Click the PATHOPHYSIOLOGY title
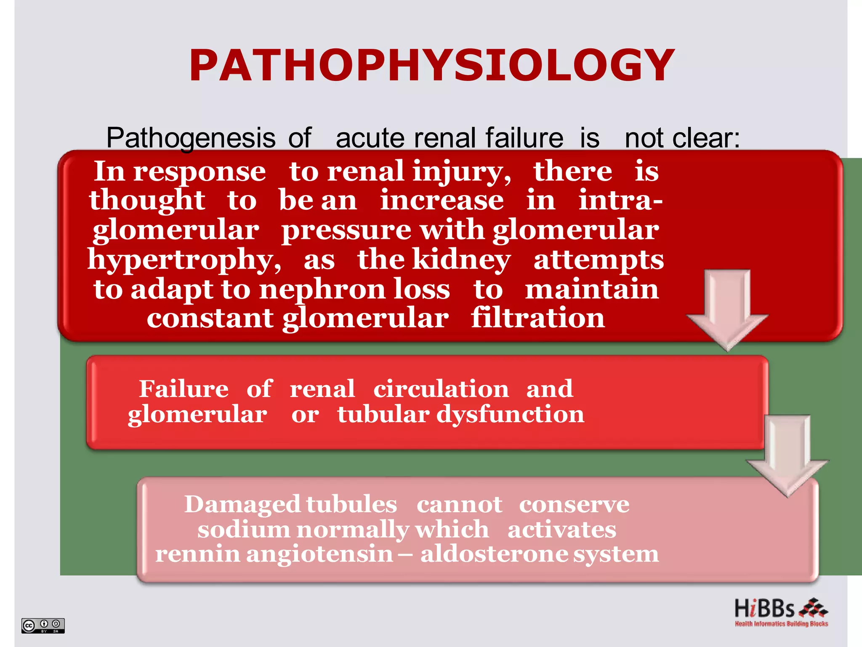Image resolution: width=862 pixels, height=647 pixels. [432, 65]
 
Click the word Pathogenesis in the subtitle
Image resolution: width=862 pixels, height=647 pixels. [191, 138]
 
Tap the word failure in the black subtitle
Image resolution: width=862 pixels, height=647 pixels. [524, 138]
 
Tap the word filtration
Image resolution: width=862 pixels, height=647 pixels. [537, 318]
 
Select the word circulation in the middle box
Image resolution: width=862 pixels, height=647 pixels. [441, 389]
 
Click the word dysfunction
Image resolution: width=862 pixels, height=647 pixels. [510, 415]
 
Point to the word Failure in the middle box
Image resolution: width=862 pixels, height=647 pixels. [184, 389]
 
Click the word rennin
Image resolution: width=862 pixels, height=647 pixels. [197, 554]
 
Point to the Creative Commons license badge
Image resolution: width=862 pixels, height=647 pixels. [43, 626]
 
